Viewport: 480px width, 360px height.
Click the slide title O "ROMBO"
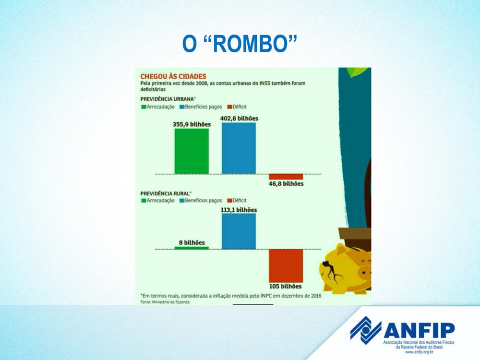click(240, 44)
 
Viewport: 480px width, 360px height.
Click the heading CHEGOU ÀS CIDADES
click(173, 76)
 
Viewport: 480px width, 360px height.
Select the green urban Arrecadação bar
click(192, 151)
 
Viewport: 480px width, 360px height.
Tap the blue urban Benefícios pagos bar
click(239, 148)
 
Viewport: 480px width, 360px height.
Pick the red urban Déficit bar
click(286, 177)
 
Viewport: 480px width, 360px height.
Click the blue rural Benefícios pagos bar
click(239, 231)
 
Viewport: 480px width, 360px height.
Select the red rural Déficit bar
click(286, 266)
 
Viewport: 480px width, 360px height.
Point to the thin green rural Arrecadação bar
click(192, 248)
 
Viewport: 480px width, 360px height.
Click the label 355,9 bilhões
click(192, 124)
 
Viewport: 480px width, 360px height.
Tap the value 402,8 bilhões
click(239, 119)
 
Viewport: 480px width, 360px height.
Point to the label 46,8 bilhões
click(286, 184)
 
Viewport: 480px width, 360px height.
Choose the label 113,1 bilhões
click(239, 210)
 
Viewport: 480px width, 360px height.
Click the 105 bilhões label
click(285, 286)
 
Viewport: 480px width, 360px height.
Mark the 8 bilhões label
click(192, 242)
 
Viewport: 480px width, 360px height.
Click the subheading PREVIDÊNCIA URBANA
click(168, 99)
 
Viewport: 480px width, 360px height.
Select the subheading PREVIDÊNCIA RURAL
click(166, 193)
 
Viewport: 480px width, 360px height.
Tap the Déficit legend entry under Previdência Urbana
click(237, 107)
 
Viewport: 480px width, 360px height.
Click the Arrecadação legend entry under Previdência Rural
click(158, 201)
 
